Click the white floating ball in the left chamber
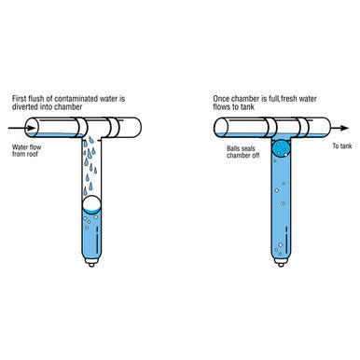pos(91,204)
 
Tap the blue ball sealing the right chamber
pos(281,148)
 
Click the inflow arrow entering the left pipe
pos(21,128)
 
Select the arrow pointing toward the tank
pos(339,128)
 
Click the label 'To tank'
pos(342,145)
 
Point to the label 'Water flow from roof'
pos(26,150)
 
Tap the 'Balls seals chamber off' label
pos(242,152)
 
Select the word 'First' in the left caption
pos(19,99)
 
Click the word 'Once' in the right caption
pos(221,99)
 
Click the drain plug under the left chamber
pos(91,263)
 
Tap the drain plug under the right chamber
pos(281,263)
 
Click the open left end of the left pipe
pos(31,128)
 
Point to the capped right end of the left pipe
pos(137,128)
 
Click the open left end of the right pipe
pos(221,128)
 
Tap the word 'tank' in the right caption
pos(247,107)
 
